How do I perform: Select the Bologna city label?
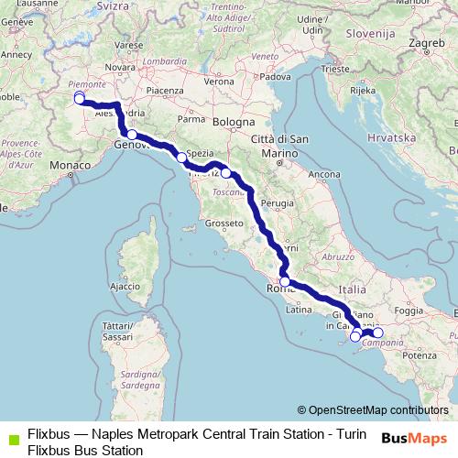point(237,121)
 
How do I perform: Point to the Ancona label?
point(325,173)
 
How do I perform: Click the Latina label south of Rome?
point(300,310)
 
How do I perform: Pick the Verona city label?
point(218,82)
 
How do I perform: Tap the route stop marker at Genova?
point(132,136)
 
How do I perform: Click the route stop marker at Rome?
point(285,282)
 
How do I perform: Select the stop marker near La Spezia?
point(181,158)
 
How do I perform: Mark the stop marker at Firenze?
point(225,172)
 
